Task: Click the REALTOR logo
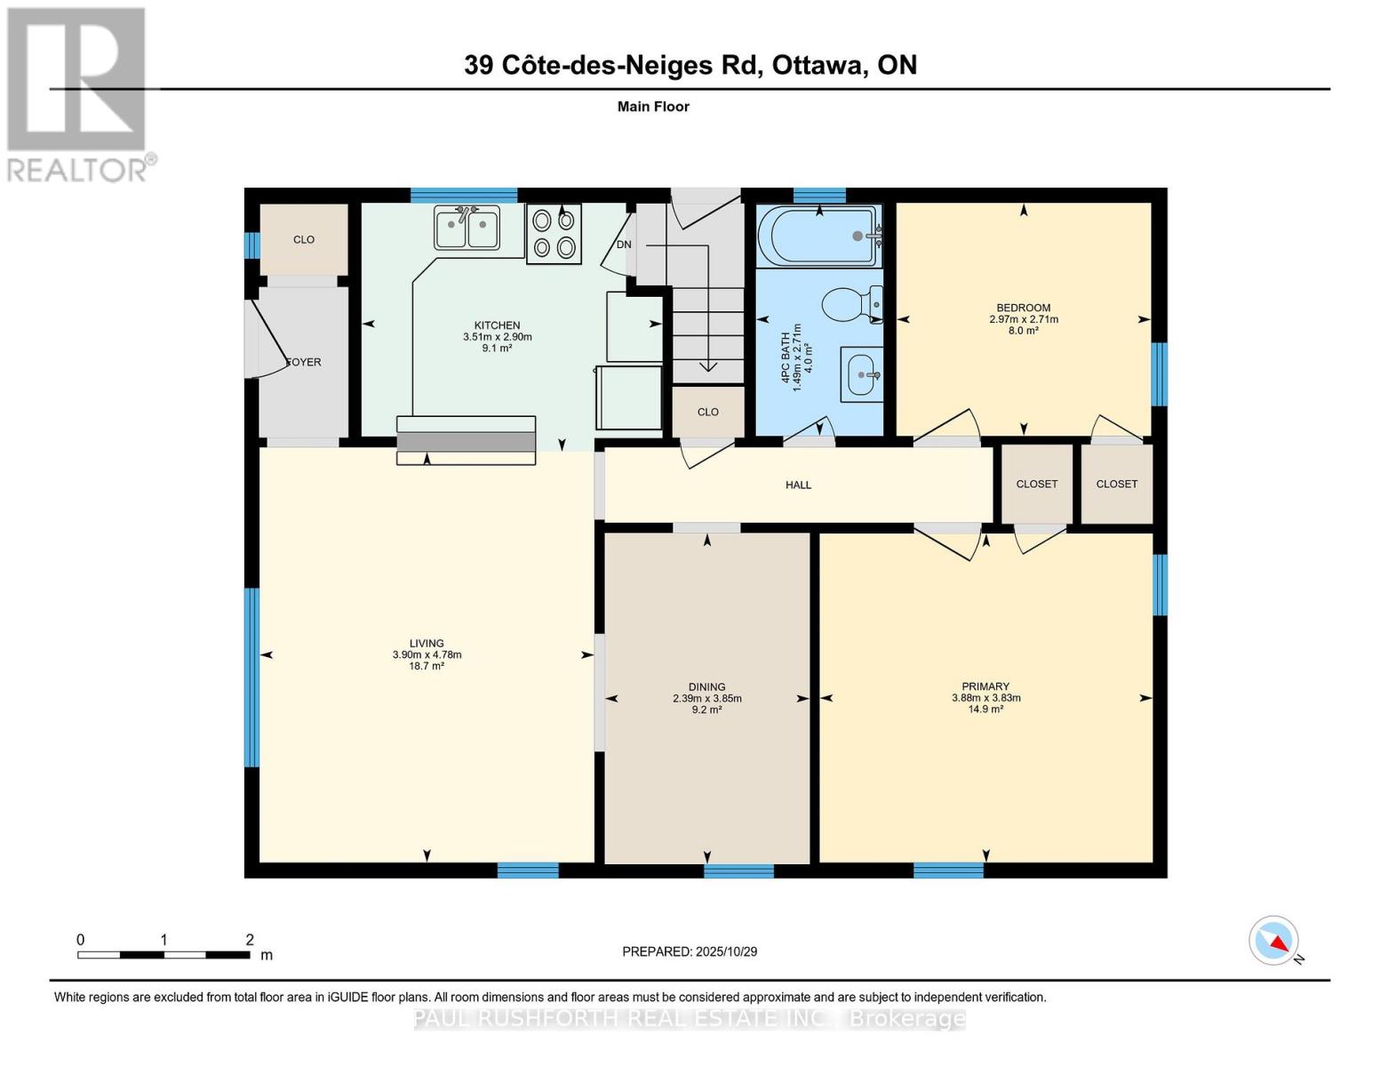coord(78,94)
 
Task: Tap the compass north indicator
coord(1274,941)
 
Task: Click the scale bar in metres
coord(164,954)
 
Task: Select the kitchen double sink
coord(467,228)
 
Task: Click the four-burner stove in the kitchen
coord(554,234)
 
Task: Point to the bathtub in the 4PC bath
coord(818,236)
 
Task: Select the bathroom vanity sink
coord(862,374)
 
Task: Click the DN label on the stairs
coord(624,245)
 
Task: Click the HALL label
coord(798,485)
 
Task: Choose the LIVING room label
coord(427,643)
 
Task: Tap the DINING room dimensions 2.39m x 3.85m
coord(706,698)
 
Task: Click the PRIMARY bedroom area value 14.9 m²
coord(985,710)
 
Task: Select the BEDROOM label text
coord(1023,308)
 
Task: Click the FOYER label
coord(304,362)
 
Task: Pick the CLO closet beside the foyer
coord(304,239)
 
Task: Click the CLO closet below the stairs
coord(707,412)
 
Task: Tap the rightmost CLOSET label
coord(1116,484)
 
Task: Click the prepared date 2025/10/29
coord(726,951)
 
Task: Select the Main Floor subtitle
coord(653,107)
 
